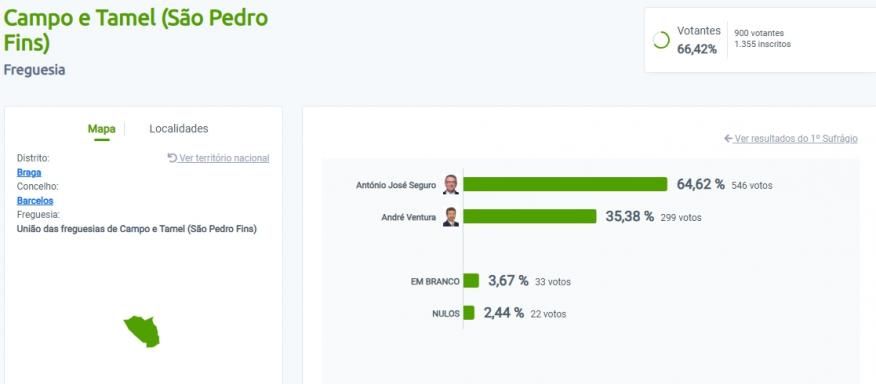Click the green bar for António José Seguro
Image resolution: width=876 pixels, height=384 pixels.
[x=565, y=184]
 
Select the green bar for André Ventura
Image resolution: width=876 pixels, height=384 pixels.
[x=529, y=216]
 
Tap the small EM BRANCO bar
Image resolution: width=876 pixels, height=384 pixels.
[x=471, y=281]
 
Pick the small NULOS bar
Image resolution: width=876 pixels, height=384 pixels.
[x=468, y=313]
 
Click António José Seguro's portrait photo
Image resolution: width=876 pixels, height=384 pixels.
[x=451, y=184]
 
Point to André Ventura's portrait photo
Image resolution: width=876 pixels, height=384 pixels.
[x=451, y=217]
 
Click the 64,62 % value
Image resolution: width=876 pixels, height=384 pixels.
[x=700, y=184]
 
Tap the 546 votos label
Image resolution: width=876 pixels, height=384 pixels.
[x=752, y=185]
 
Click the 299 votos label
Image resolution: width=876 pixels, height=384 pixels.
[x=681, y=217]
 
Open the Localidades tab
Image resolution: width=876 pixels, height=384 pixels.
[x=179, y=129]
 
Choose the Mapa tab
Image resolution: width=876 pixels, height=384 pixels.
[x=101, y=129]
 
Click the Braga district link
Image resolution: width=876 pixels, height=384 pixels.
[x=29, y=172]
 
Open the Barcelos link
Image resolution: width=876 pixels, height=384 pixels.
[x=35, y=200]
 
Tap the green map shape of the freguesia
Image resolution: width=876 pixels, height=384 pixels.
[x=142, y=330]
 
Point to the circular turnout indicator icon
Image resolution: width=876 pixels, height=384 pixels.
[x=660, y=40]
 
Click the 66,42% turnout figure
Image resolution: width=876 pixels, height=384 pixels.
[x=697, y=49]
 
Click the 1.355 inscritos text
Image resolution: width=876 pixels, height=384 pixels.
[x=762, y=44]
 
